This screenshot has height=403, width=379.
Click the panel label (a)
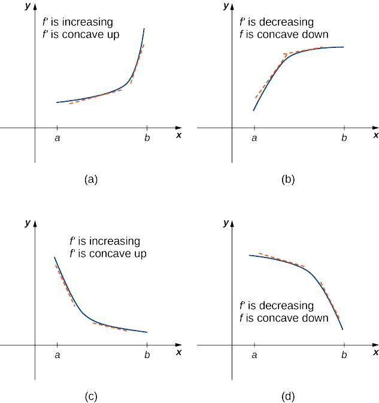(x=91, y=178)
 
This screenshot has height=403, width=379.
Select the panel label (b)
(x=288, y=178)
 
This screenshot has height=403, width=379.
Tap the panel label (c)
(x=91, y=395)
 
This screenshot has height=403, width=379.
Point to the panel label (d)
(x=288, y=395)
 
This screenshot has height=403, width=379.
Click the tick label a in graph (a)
(x=57, y=138)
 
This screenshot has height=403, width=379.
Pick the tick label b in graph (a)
(x=147, y=138)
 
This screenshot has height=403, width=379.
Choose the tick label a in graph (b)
(x=254, y=138)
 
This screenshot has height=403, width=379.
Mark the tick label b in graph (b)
(x=344, y=138)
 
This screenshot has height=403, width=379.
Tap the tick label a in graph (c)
(x=57, y=355)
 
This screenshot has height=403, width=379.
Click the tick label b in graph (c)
(x=147, y=355)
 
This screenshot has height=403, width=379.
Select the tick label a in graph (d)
(x=254, y=355)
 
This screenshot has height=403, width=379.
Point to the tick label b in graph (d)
(x=344, y=355)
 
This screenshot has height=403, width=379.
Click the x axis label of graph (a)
(x=179, y=135)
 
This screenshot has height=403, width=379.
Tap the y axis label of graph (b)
(x=226, y=6)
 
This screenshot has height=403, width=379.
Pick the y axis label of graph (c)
(x=28, y=222)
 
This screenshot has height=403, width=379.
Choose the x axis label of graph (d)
(x=375, y=353)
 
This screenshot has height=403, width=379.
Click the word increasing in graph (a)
(x=89, y=22)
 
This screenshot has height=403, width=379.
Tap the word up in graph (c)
(x=140, y=254)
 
